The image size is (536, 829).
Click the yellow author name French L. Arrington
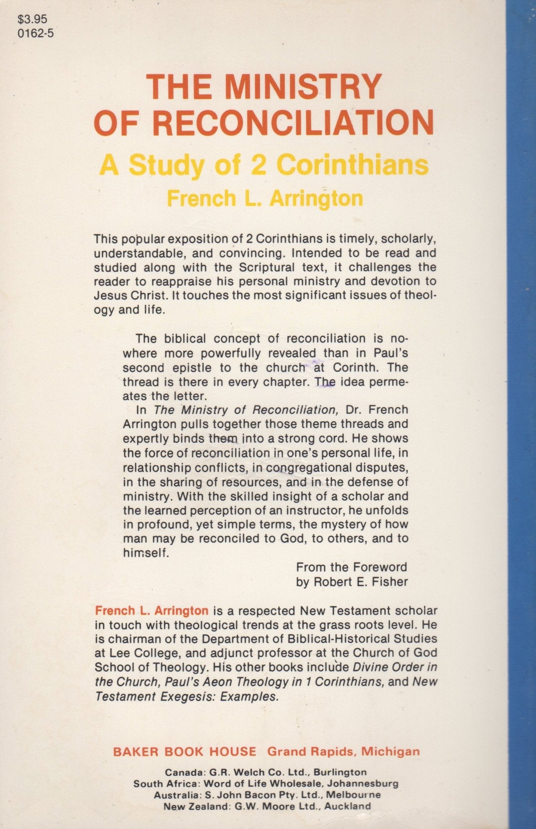point(265,199)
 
